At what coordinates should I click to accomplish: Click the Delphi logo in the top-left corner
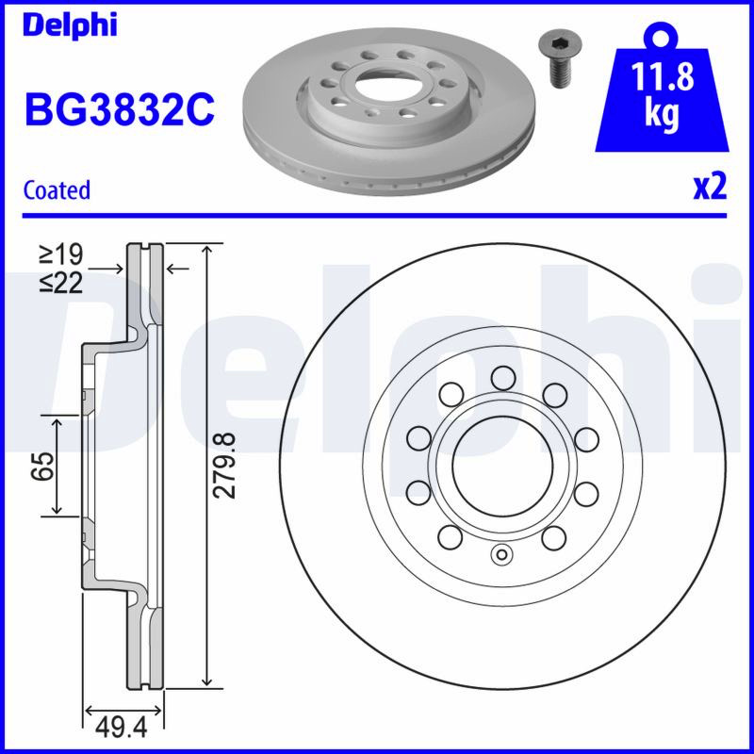point(70,25)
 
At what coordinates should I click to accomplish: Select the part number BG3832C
point(120,109)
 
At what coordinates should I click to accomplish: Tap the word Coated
point(57,190)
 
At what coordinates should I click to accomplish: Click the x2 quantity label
point(710,187)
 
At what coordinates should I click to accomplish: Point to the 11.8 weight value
point(662,76)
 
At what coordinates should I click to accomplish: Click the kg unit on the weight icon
point(662,114)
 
